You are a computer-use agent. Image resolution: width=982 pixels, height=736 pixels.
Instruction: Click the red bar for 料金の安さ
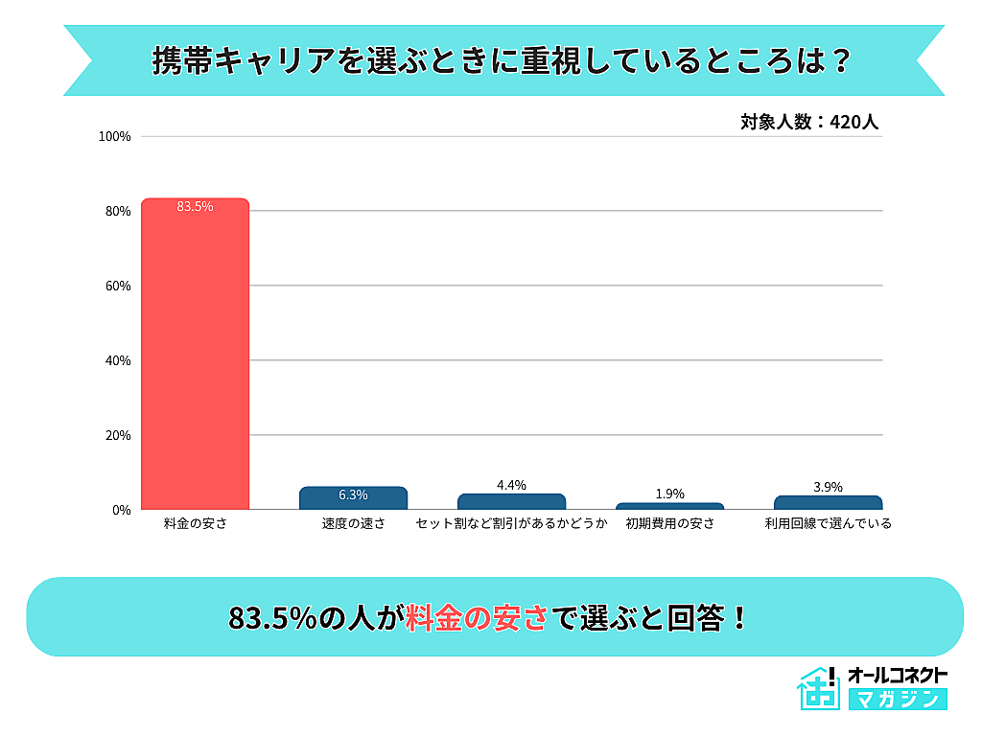(x=195, y=355)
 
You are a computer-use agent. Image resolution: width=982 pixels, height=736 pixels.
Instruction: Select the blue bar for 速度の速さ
(x=353, y=498)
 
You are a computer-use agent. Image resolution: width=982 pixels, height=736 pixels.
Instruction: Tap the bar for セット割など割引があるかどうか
(x=511, y=502)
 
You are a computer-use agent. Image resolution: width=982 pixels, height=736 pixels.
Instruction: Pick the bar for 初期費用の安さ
(x=669, y=506)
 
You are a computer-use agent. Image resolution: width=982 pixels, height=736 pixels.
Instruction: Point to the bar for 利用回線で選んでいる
(x=828, y=503)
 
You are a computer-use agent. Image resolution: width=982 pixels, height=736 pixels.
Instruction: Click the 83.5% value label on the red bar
(x=195, y=206)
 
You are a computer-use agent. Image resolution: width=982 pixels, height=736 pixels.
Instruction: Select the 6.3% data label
(x=353, y=495)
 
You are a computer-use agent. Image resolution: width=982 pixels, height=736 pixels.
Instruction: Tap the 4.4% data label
(x=511, y=485)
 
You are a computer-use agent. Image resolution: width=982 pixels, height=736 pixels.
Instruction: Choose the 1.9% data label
(x=669, y=494)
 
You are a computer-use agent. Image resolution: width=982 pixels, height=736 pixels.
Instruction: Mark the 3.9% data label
(x=828, y=487)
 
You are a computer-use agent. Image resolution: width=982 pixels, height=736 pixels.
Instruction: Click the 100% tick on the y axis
(x=115, y=137)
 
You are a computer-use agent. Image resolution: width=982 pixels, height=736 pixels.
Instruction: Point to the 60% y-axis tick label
(x=118, y=287)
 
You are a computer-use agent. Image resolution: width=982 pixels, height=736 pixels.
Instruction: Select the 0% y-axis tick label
(x=121, y=510)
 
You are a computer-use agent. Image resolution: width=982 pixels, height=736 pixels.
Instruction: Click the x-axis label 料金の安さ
(x=195, y=524)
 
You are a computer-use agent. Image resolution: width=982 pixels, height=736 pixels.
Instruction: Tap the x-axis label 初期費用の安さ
(x=669, y=524)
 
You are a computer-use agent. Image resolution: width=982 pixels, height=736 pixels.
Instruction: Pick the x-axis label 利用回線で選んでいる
(x=828, y=524)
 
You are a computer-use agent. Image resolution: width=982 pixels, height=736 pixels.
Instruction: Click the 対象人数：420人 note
(x=809, y=123)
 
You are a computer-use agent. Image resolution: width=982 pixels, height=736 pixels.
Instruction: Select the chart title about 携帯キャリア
(x=503, y=60)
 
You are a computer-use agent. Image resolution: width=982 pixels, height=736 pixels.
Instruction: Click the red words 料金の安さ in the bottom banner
(x=477, y=617)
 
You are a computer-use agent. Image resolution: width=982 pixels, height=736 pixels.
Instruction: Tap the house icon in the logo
(x=816, y=688)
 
